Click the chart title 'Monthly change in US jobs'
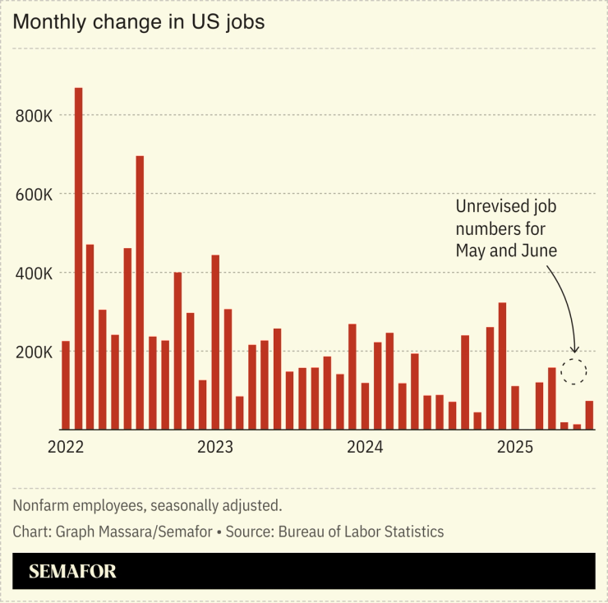tap(139, 22)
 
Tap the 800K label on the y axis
tap(35, 116)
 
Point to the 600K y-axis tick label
tap(35, 195)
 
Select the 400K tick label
tap(35, 273)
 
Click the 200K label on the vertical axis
tap(35, 352)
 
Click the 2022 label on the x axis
tap(66, 448)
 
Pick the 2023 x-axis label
tap(215, 448)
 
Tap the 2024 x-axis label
tap(365, 448)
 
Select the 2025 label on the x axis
tap(514, 448)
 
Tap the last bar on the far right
tap(589, 415)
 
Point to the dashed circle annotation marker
tap(574, 371)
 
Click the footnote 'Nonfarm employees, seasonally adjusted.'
tap(147, 505)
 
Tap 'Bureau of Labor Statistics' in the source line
tap(361, 532)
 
